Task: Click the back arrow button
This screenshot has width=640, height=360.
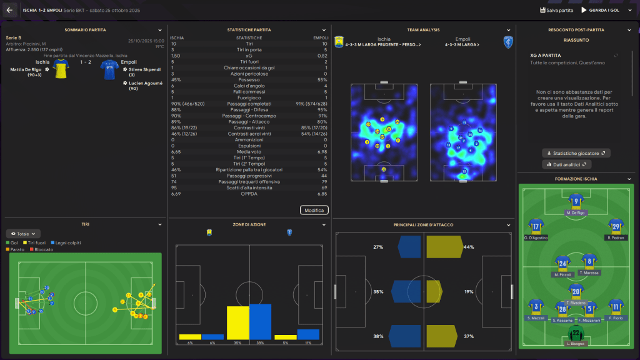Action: [9, 10]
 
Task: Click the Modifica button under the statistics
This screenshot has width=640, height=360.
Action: [314, 210]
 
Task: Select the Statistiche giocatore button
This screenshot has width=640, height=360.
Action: [576, 153]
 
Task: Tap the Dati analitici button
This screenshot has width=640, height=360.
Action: [567, 164]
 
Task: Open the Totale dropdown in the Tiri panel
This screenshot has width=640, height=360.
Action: [24, 233]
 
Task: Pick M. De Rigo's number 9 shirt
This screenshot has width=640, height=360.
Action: [575, 201]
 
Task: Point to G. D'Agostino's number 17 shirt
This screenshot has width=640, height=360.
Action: [536, 226]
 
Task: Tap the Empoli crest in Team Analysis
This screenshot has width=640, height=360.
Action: [507, 41]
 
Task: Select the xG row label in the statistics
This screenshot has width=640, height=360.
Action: [249, 56]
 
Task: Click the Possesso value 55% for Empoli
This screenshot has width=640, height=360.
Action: [322, 79]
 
